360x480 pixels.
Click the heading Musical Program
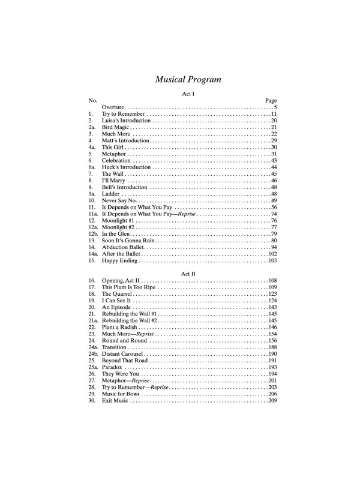tap(180, 79)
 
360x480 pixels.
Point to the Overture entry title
tap(113, 107)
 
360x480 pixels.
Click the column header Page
tap(271, 100)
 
